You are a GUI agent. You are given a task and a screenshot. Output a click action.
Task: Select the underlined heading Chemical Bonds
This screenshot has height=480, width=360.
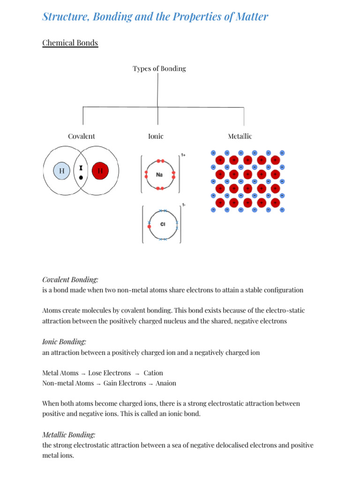(x=70, y=43)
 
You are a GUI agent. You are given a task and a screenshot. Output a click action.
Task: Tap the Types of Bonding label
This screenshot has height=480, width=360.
(x=159, y=69)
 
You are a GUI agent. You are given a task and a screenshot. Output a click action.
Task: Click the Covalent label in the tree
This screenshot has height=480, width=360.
(x=81, y=136)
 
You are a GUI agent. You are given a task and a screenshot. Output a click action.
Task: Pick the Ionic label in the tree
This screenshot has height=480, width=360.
(x=156, y=136)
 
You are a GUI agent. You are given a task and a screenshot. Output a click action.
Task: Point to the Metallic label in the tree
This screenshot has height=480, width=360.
(x=240, y=136)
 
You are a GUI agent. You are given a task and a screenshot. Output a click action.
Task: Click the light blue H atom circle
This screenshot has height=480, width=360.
(x=62, y=171)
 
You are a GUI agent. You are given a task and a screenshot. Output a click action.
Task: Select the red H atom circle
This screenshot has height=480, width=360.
(x=100, y=171)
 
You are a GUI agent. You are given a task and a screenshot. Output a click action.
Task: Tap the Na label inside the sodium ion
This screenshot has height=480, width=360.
(x=159, y=175)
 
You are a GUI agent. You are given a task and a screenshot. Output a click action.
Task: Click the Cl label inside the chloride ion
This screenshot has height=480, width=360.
(x=163, y=224)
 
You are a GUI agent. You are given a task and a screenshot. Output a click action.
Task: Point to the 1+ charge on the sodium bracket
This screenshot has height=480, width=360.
(x=183, y=155)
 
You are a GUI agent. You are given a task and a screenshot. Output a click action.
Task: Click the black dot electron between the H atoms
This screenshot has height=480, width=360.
(x=81, y=178)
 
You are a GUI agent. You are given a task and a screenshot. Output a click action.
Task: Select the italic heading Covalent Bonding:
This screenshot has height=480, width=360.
(x=70, y=279)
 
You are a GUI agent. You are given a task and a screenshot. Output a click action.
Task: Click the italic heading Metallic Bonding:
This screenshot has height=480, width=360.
(x=68, y=435)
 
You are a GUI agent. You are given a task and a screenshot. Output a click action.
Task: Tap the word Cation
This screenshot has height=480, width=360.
(x=153, y=373)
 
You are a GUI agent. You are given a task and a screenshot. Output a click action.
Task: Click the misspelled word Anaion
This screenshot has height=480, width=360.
(x=166, y=383)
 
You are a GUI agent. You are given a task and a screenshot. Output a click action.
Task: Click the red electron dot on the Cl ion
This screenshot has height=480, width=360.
(x=150, y=226)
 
